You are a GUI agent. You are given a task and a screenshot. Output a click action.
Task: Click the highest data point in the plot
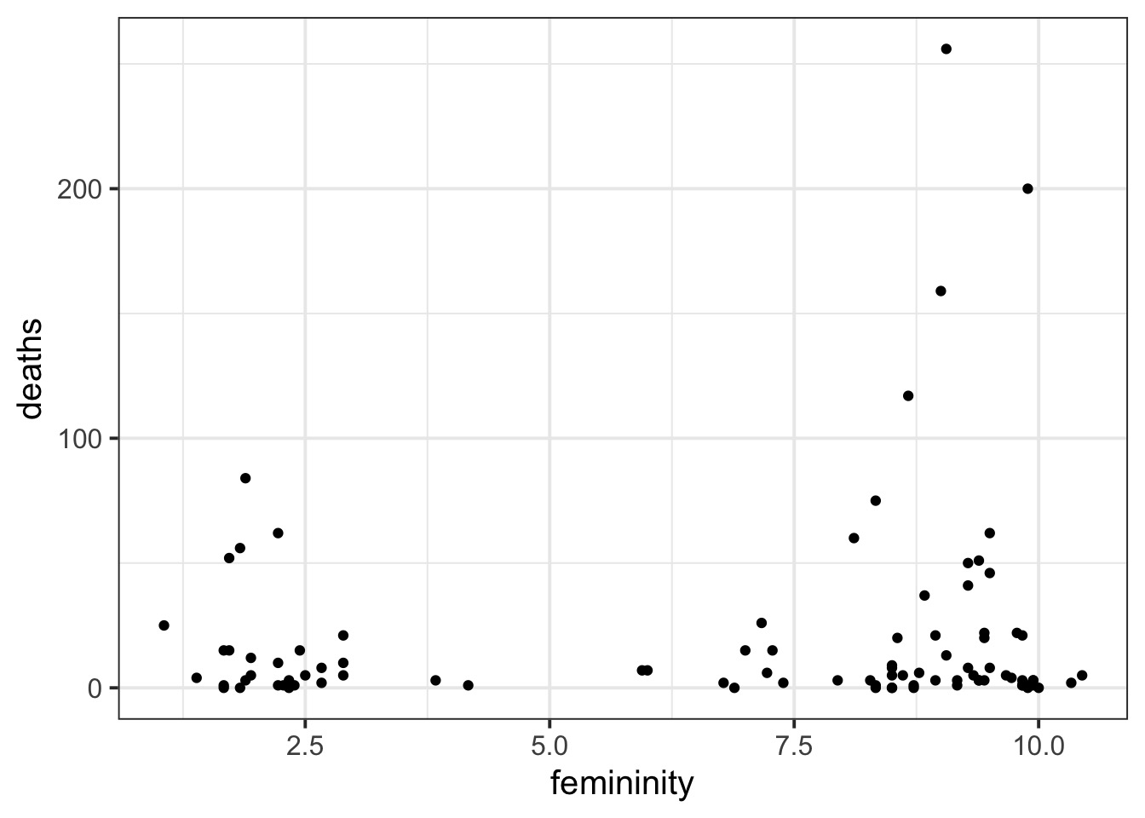[x=946, y=49]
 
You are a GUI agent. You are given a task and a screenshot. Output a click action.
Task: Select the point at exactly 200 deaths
[x=1027, y=188]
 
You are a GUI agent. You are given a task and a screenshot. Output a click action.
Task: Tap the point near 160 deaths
[x=941, y=291]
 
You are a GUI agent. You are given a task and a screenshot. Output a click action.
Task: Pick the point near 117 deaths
[x=908, y=395]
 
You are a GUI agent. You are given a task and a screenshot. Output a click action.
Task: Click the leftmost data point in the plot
[x=164, y=625]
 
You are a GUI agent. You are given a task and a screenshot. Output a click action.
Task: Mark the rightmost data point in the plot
[x=1082, y=675]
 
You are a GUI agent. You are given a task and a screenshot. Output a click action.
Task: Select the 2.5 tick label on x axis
[x=305, y=746]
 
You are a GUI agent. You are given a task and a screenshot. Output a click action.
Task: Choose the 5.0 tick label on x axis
[x=549, y=746]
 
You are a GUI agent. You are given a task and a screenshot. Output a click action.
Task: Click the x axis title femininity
[x=622, y=784]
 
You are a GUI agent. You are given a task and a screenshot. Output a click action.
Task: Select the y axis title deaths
[x=32, y=368]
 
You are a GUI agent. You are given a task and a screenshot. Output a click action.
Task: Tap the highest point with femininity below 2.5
[x=245, y=478]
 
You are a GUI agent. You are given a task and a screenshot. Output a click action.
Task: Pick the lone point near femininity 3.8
[x=435, y=680]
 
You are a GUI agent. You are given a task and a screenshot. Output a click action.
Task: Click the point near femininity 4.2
[x=468, y=685]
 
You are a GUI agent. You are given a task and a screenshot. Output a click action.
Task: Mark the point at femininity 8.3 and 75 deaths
[x=875, y=500]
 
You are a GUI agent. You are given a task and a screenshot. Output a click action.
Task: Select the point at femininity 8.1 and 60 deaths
[x=854, y=538]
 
